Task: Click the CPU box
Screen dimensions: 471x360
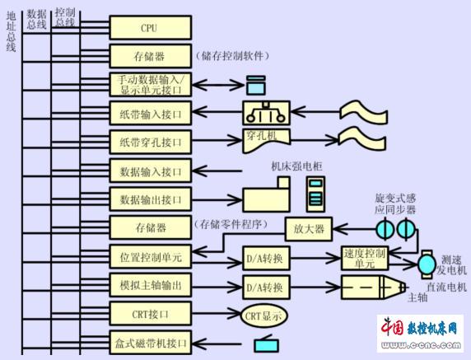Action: click(x=150, y=28)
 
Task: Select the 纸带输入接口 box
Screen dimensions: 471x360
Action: click(x=150, y=114)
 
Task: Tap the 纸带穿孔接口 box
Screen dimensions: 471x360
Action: click(x=150, y=142)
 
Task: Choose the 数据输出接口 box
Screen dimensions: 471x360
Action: click(x=150, y=199)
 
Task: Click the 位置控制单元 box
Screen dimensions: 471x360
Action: click(x=150, y=257)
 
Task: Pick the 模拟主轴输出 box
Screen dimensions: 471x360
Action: click(x=150, y=285)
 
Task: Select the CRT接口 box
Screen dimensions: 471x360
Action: click(x=150, y=314)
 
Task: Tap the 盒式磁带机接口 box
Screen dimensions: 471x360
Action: click(x=150, y=343)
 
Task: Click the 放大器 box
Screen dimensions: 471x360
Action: click(x=309, y=229)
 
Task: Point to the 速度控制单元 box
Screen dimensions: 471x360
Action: click(x=364, y=258)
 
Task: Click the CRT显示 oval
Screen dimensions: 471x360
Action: click(x=263, y=316)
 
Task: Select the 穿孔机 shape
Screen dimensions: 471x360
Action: click(x=266, y=140)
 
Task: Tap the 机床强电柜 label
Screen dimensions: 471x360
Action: click(x=296, y=166)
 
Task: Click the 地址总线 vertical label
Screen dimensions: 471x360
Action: click(x=11, y=32)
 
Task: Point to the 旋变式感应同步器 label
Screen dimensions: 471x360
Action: click(x=395, y=204)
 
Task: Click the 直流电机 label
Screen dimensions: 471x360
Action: click(x=446, y=287)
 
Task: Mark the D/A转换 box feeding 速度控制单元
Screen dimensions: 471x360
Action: click(x=266, y=258)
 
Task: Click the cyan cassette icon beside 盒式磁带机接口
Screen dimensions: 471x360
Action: click(x=266, y=344)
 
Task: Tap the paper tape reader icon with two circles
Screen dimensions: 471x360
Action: click(x=266, y=113)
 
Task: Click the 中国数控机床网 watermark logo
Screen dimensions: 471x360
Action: click(x=420, y=334)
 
